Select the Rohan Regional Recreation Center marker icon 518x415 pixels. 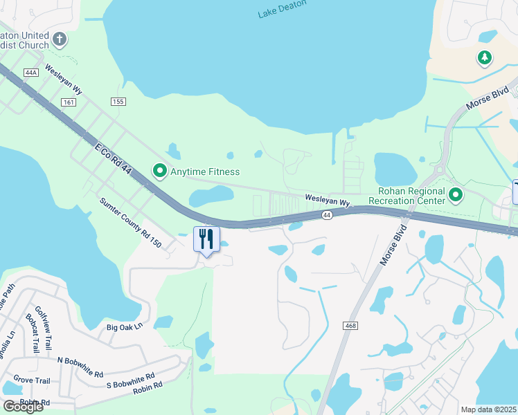(455, 196)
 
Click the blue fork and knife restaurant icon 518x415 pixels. (206, 239)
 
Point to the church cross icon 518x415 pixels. (60, 39)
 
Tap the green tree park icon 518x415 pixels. (485, 58)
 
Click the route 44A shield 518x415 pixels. (30, 73)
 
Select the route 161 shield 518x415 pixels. (68, 102)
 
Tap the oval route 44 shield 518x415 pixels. (327, 216)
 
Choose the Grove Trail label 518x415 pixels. (31, 380)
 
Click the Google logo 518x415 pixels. (23, 407)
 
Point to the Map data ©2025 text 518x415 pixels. (489, 409)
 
